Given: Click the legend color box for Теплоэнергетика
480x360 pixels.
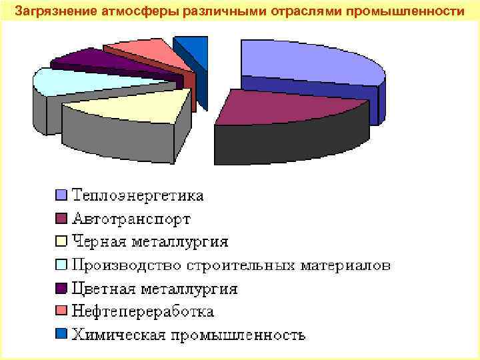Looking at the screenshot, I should pyautogui.click(x=62, y=195).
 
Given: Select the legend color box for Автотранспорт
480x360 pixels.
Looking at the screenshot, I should pyautogui.click(x=62, y=219).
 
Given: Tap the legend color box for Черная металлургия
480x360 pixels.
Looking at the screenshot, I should pyautogui.click(x=62, y=242).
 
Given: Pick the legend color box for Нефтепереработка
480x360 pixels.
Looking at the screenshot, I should pyautogui.click(x=62, y=311).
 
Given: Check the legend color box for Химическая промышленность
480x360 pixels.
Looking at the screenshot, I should pyautogui.click(x=62, y=335).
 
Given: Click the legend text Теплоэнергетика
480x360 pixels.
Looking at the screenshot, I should pyautogui.click(x=138, y=195).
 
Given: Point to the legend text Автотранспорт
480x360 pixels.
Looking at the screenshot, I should pyautogui.click(x=131, y=219).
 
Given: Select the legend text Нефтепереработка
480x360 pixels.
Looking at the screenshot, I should pyautogui.click(x=143, y=311).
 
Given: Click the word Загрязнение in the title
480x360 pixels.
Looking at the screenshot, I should pyautogui.click(x=50, y=11).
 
